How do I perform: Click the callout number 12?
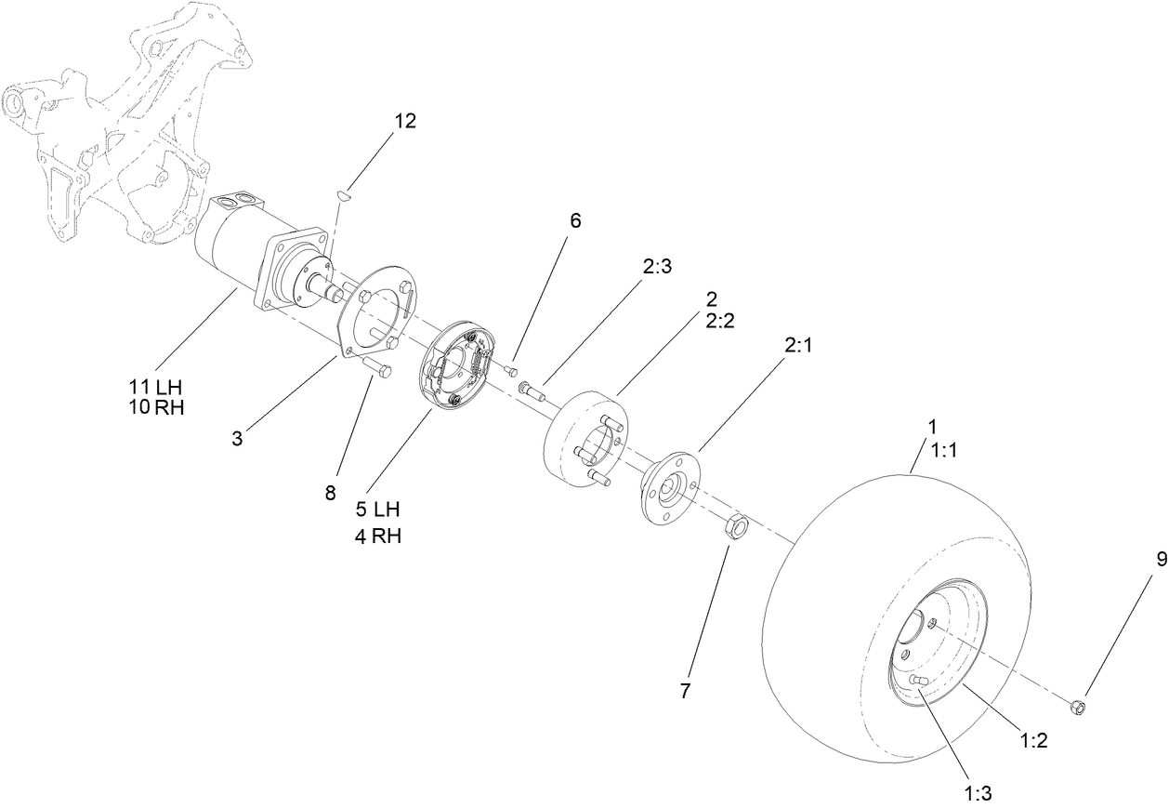tap(404, 121)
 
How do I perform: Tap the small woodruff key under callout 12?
tap(342, 196)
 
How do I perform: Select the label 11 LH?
tap(157, 385)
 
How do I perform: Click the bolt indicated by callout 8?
tap(376, 369)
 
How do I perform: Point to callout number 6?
tap(574, 220)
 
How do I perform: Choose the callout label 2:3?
tap(656, 265)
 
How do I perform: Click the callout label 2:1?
tap(798, 345)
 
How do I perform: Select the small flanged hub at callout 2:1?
tap(670, 489)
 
